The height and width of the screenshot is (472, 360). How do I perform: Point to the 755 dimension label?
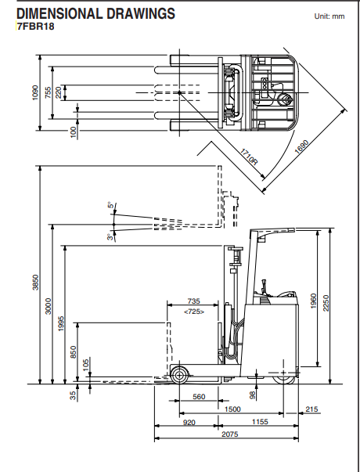click(49, 92)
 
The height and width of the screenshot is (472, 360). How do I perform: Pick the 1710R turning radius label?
click(247, 155)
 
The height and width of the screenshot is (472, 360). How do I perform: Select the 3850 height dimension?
click(34, 283)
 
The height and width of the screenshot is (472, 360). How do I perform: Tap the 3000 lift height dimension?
click(49, 307)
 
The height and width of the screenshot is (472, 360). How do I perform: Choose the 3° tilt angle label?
click(111, 236)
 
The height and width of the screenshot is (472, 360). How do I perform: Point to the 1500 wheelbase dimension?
click(232, 409)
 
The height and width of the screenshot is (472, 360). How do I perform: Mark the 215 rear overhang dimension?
click(312, 409)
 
